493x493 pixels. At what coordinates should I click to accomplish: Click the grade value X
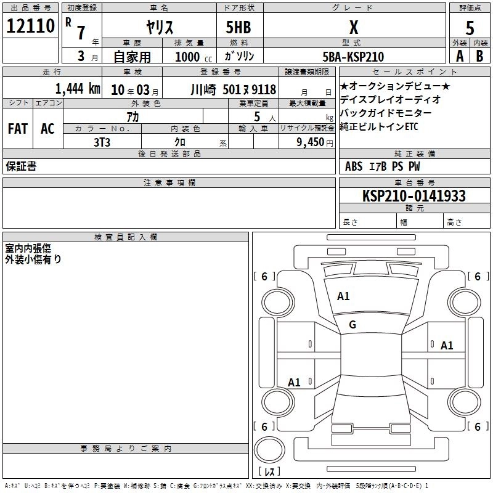[353, 26]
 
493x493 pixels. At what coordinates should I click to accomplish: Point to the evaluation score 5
[470, 26]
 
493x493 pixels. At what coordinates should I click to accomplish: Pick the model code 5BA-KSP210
[353, 57]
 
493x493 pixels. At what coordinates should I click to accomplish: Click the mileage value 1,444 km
[77, 88]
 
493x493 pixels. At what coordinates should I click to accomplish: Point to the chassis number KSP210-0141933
[414, 196]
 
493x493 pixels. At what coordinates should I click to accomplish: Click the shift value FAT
[18, 129]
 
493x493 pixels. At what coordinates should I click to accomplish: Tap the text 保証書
[21, 166]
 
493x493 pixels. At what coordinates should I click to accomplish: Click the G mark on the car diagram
[352, 325]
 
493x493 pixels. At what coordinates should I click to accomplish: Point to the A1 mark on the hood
[343, 296]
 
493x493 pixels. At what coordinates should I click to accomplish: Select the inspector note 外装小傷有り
[33, 259]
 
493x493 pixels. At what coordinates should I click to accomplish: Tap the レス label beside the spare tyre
[269, 472]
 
